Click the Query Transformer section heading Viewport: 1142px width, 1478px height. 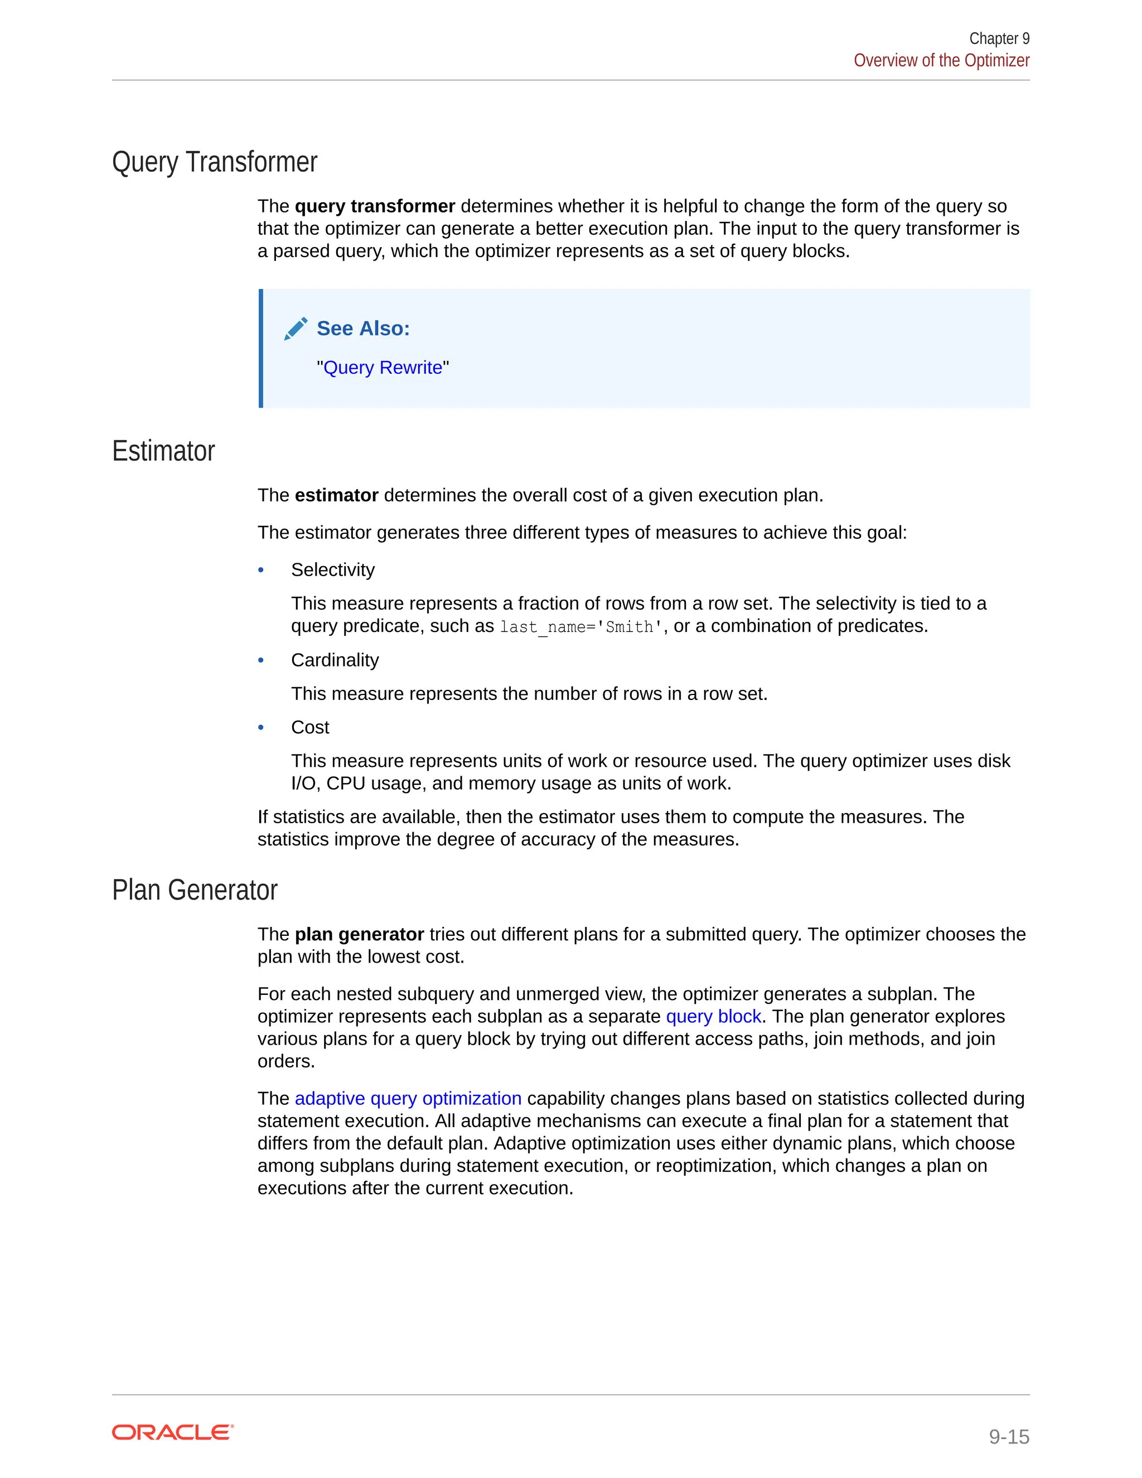(215, 162)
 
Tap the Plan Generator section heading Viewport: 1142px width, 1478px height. (194, 890)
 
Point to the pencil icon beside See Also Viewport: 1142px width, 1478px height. (296, 329)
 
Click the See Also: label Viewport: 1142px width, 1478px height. (364, 329)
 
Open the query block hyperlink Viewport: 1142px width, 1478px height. (713, 1016)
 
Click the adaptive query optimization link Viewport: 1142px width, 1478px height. (408, 1098)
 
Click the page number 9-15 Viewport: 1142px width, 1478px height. (1008, 1436)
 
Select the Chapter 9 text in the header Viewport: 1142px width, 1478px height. (999, 38)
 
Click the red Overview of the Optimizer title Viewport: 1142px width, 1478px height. (941, 61)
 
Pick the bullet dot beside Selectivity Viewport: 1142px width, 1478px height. (261, 571)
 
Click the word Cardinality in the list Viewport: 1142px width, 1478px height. (335, 660)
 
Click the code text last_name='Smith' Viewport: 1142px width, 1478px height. (580, 627)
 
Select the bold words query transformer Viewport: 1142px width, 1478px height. (375, 206)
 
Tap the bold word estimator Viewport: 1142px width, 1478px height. (336, 495)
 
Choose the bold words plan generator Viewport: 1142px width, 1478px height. (359, 935)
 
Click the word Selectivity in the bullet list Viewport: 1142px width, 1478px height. (332, 571)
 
